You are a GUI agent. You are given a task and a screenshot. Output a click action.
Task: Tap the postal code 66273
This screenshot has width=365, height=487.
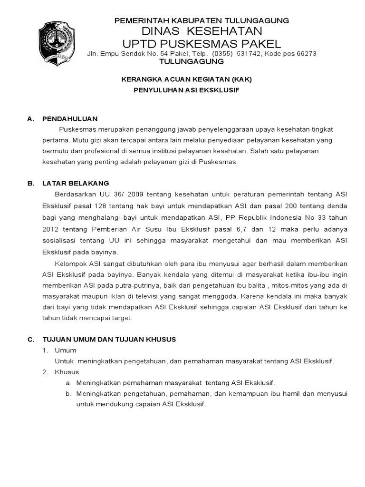pos(306,53)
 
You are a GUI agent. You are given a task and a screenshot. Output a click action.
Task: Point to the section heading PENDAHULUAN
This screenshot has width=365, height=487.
pos(69,119)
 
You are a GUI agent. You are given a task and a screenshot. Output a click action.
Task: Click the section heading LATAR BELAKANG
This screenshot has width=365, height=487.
pos(76,183)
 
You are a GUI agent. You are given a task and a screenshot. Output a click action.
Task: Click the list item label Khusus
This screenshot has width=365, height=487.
pos(67,371)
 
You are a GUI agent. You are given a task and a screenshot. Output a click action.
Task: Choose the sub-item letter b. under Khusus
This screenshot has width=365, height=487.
pos(68,393)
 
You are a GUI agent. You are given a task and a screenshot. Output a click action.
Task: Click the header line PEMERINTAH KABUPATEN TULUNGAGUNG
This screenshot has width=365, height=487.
pos(203,20)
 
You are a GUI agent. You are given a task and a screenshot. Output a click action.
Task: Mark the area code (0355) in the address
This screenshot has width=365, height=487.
pos(222,53)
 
